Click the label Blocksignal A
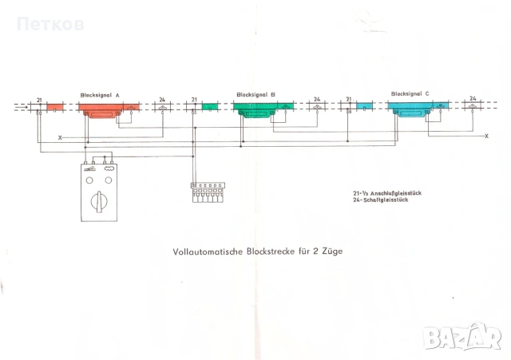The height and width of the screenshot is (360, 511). (x=100, y=94)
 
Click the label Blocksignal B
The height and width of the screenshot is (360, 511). (x=255, y=94)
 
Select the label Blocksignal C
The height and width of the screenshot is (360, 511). (x=410, y=93)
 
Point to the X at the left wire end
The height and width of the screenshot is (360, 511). (x=60, y=138)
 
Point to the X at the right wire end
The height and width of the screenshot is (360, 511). (x=487, y=136)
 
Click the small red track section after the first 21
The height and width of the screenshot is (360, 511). (x=56, y=106)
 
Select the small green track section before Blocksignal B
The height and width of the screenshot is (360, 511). (x=211, y=106)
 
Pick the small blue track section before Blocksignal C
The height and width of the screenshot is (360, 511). (x=365, y=105)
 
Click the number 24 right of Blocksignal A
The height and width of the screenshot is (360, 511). (x=163, y=100)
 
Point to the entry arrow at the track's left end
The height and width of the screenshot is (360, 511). (x=22, y=105)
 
